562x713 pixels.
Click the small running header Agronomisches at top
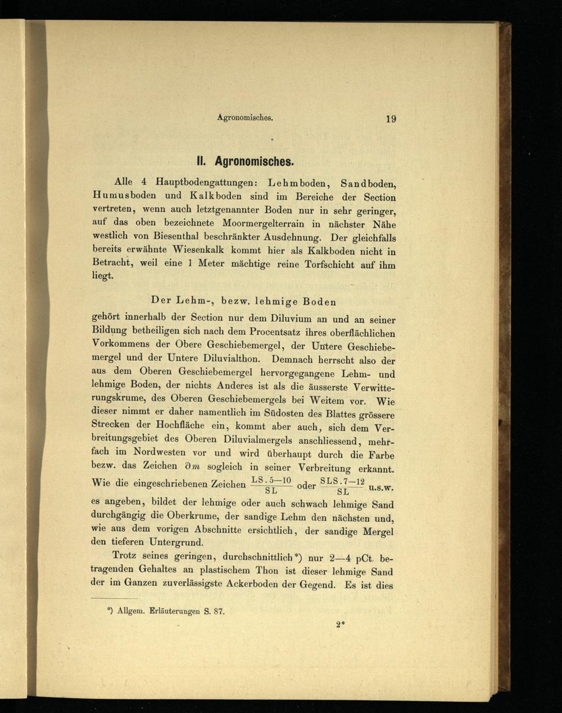click(245, 118)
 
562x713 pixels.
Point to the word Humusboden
click(124, 196)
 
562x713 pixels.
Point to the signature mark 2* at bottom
click(339, 624)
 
